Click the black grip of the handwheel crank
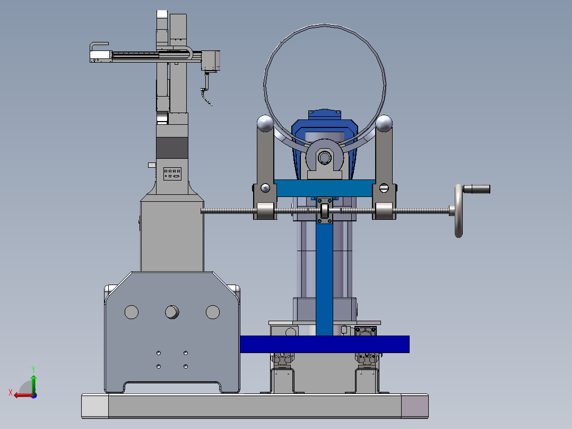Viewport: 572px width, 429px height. click(x=477, y=189)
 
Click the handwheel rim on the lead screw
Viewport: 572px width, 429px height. click(x=458, y=211)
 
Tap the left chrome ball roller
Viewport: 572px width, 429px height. click(x=265, y=123)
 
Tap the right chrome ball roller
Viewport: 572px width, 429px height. click(x=384, y=123)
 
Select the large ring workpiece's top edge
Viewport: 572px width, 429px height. click(x=324, y=25)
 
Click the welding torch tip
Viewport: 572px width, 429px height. click(x=210, y=104)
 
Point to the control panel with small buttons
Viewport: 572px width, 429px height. click(x=172, y=174)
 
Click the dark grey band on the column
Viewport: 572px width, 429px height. click(x=172, y=148)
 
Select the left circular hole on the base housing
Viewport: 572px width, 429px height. click(x=132, y=312)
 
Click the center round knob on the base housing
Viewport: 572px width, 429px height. click(x=172, y=312)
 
